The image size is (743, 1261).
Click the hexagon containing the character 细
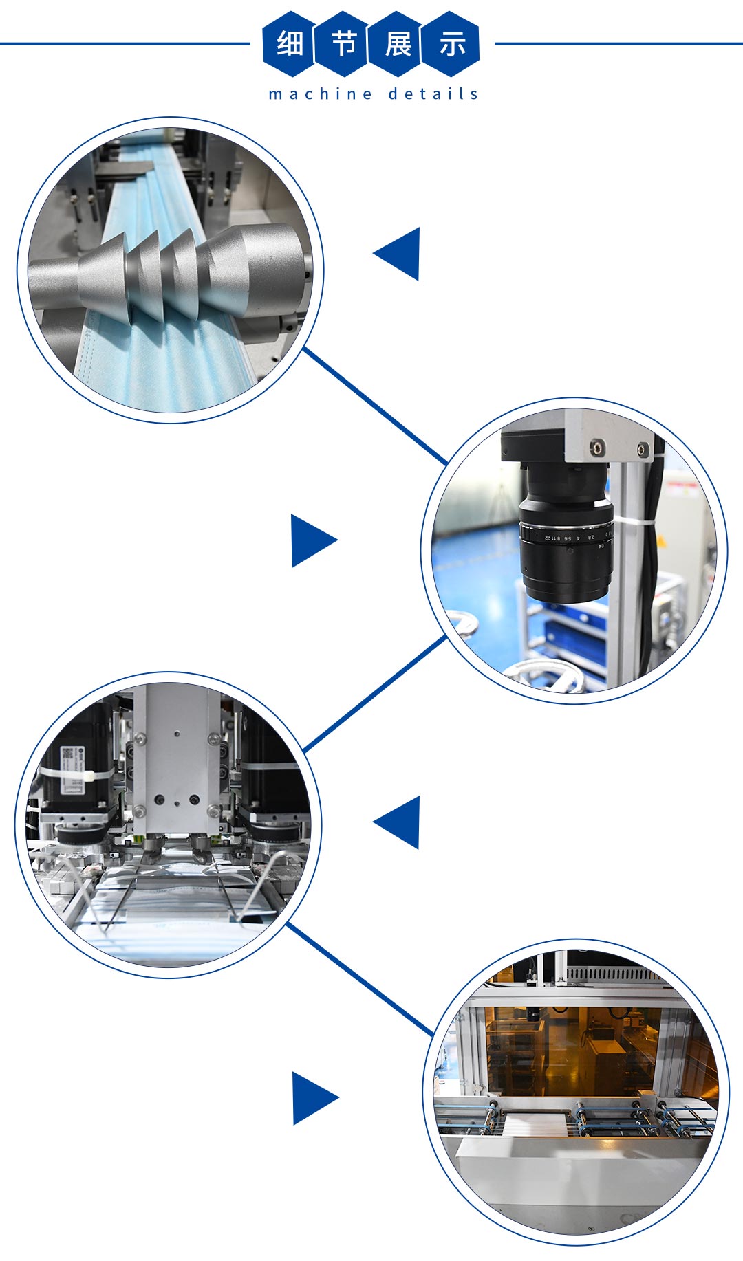tap(289, 44)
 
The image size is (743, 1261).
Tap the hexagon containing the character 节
tap(343, 44)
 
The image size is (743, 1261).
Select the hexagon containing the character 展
tap(396, 44)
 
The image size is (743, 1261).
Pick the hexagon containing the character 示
tap(451, 44)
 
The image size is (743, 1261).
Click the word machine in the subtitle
tap(321, 94)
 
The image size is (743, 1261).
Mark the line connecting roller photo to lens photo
tap(375, 406)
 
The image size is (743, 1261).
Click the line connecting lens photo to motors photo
tap(375, 693)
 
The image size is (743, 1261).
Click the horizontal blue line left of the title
tap(125, 44)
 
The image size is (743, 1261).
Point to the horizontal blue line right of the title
tap(618, 44)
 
